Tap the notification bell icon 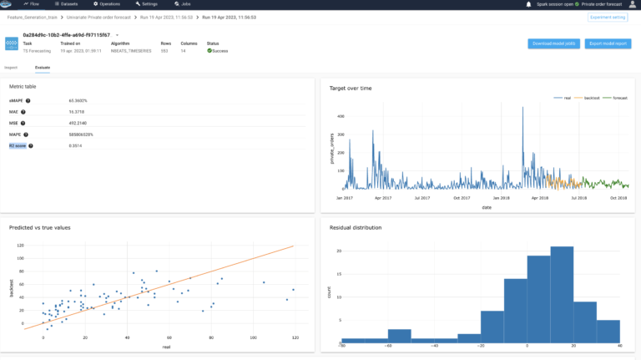(528, 4)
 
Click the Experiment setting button (608, 17)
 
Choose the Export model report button (608, 43)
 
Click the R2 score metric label (18, 145)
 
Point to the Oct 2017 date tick (461, 198)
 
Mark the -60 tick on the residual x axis (387, 345)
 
